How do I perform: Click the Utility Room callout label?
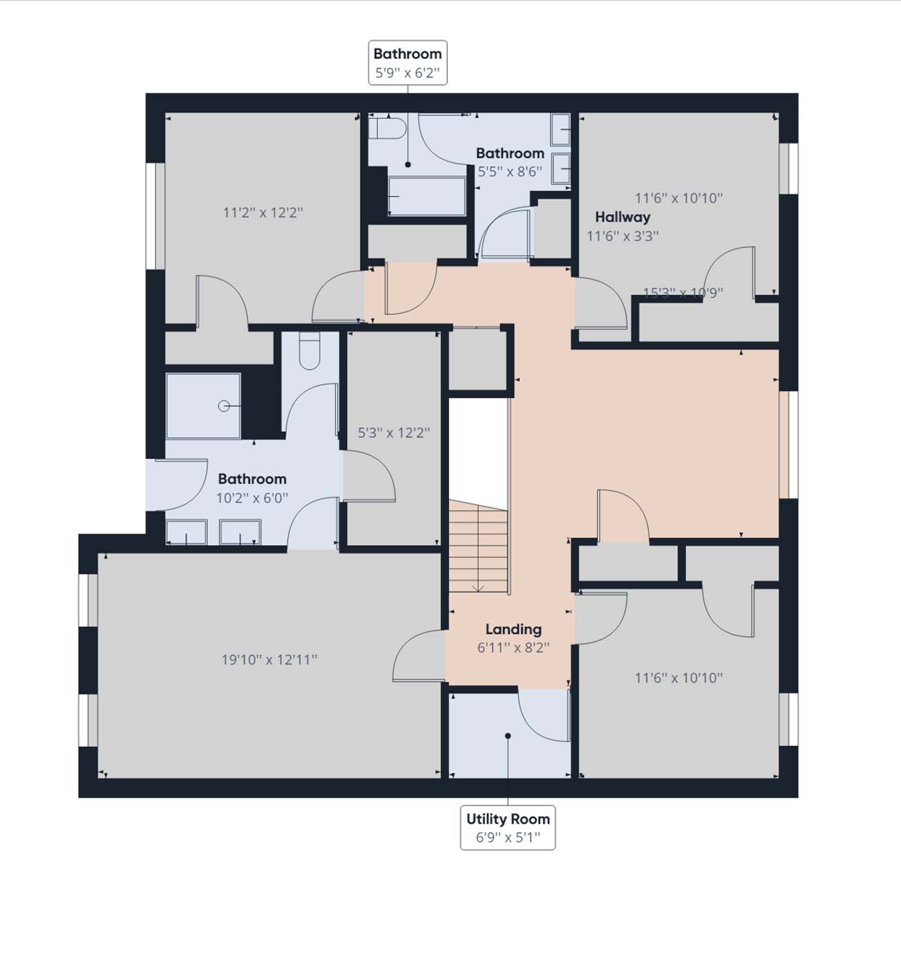pos(507,828)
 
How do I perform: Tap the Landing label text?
pos(514,629)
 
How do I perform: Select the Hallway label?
pos(622,217)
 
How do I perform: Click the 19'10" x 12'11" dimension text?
pos(269,660)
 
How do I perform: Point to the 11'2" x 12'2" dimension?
pos(263,213)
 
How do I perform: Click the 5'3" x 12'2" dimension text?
pos(394,433)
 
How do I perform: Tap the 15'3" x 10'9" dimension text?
pos(683,292)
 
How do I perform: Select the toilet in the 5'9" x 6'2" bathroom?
pos(387,128)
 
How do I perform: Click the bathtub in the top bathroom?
pos(426,196)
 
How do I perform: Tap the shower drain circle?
pos(224,406)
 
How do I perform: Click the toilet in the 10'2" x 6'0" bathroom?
pos(309,351)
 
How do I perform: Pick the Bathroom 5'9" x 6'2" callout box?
pos(408,62)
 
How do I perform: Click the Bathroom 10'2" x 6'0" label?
pos(252,488)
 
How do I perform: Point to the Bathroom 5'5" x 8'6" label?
pos(510,163)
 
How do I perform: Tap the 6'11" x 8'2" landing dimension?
pos(514,648)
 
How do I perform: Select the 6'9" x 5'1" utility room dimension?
pos(508,838)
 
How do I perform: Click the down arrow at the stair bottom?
pos(478,588)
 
